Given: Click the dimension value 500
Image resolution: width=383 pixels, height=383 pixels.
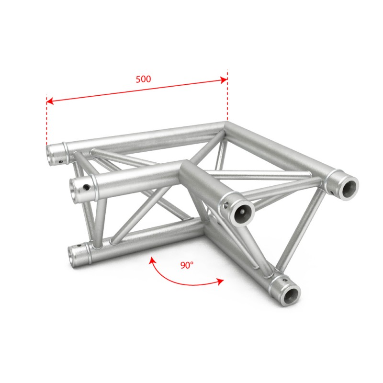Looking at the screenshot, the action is (x=143, y=79).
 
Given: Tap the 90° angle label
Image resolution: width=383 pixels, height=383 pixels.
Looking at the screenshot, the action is (x=187, y=265).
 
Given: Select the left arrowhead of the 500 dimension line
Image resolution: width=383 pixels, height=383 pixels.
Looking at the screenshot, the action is (x=50, y=101).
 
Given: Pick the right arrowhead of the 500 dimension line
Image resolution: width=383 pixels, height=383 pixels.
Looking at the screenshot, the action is (x=224, y=80).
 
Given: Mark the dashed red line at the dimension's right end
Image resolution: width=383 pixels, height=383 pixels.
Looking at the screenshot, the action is (x=227, y=95).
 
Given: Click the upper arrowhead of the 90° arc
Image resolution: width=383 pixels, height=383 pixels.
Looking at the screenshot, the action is (x=152, y=260).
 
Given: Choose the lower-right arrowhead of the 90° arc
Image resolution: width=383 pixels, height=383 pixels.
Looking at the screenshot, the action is (x=220, y=282).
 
